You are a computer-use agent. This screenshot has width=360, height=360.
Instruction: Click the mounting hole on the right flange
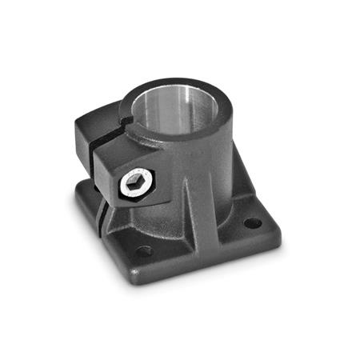tap(252, 223)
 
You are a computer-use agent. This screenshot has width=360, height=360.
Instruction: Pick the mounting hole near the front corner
tap(143, 251)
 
